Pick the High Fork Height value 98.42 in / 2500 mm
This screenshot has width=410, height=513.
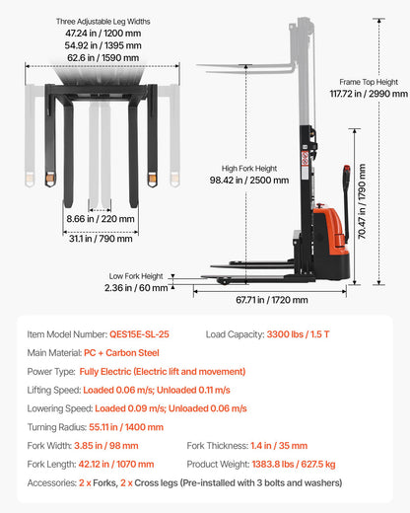tap(255, 180)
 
